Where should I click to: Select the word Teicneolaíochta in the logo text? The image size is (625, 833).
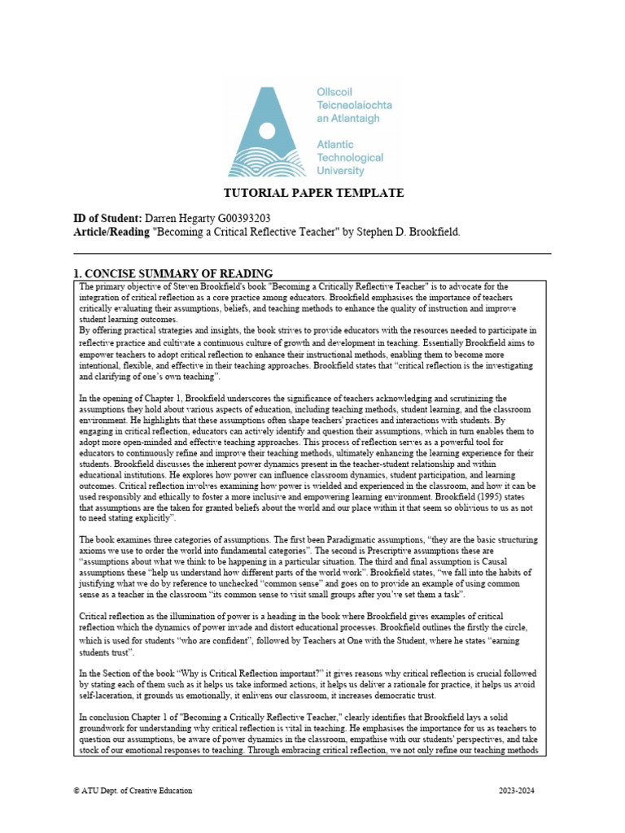(353, 106)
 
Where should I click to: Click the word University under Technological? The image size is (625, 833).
(339, 170)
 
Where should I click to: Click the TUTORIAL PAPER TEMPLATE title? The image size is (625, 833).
(313, 193)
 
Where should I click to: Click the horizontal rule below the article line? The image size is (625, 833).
(312, 254)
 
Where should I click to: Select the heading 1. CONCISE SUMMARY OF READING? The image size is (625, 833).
(173, 273)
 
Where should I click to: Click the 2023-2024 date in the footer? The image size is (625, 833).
(518, 791)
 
